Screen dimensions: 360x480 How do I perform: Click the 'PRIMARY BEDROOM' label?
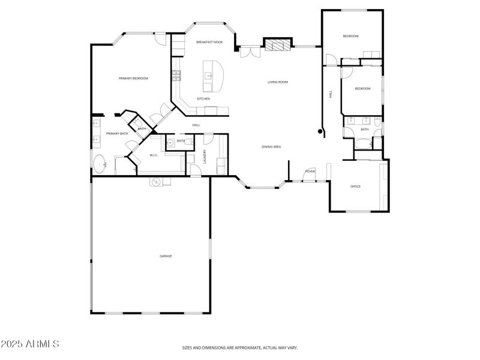[133, 79]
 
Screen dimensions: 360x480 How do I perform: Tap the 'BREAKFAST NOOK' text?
[209, 42]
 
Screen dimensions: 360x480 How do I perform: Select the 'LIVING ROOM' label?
[278, 82]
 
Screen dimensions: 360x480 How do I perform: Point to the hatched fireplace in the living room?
[277, 46]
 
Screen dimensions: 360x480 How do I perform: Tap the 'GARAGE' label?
[166, 256]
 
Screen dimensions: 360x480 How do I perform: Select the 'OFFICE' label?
[355, 187]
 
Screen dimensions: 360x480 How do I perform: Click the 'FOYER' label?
[310, 172]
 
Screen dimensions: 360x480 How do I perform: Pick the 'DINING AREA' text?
[271, 146]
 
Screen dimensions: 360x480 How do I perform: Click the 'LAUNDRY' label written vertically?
[205, 156]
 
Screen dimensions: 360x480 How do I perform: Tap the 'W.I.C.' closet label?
[153, 155]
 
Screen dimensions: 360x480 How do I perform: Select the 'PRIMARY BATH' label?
[117, 133]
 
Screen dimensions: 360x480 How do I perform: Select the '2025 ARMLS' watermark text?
[30, 344]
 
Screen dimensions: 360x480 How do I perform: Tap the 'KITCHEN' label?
[203, 98]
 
